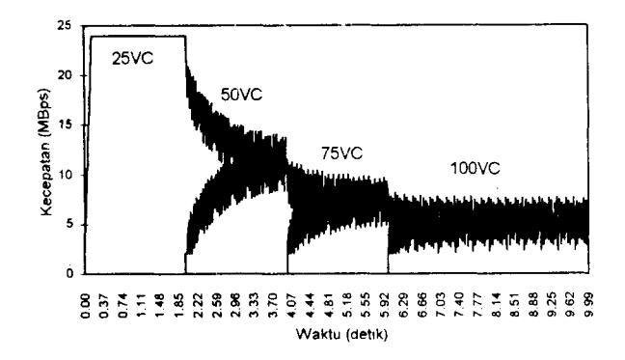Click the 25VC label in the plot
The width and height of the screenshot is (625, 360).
[x=132, y=59]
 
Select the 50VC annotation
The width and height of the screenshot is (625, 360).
[x=241, y=95]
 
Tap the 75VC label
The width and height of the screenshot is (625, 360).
[x=342, y=153]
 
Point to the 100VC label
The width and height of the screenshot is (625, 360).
[x=475, y=168]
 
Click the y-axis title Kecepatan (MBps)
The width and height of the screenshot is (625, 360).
[x=46, y=152]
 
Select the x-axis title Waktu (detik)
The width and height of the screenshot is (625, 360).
[x=341, y=334]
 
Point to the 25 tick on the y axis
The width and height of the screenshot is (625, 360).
[x=66, y=26]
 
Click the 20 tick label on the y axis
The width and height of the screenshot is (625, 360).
[x=66, y=75]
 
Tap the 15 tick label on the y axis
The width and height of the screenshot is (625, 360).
[x=66, y=125]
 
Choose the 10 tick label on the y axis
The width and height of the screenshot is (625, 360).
[x=66, y=175]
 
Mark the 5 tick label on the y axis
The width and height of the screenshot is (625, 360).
[x=68, y=225]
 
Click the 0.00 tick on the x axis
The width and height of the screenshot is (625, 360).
[x=86, y=305]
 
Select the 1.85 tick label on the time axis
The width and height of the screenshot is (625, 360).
[x=179, y=305]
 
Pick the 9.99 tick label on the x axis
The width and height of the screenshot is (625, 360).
[x=588, y=305]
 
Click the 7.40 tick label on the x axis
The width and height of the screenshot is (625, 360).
[x=458, y=305]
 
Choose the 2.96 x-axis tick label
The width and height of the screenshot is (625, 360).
[x=234, y=305]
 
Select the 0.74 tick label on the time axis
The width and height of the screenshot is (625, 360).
[x=123, y=305]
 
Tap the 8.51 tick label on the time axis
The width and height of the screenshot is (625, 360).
[x=514, y=305]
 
